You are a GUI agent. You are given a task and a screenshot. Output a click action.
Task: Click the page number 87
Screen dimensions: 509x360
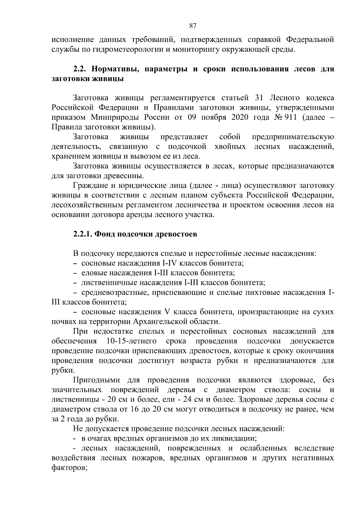tap(193, 25)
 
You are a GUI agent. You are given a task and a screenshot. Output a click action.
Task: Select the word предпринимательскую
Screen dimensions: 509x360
tap(293, 137)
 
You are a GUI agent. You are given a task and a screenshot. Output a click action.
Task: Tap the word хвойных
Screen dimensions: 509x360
tap(230, 147)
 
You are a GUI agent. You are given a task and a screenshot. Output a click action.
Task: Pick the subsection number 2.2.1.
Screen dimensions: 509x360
tap(83, 234)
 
